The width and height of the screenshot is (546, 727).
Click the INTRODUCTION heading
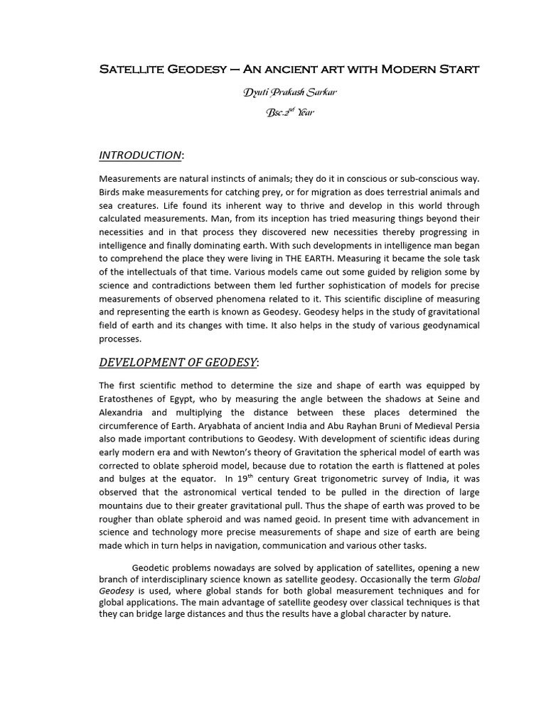point(140,155)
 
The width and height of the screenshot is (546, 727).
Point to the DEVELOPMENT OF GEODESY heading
point(177,363)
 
